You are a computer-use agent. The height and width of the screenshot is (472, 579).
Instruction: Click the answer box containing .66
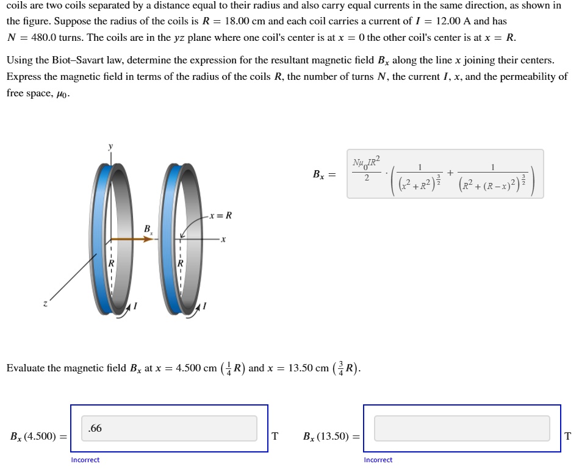pyautogui.click(x=169, y=428)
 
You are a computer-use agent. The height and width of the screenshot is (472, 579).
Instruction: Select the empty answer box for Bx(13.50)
pyautogui.click(x=461, y=428)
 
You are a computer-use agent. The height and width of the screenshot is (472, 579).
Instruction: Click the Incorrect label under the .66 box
pyautogui.click(x=85, y=460)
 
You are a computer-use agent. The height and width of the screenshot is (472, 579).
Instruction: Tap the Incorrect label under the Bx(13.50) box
pyautogui.click(x=378, y=460)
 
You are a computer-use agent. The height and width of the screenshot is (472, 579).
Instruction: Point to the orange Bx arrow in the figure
pyautogui.click(x=131, y=239)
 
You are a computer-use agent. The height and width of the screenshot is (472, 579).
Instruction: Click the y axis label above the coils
pyautogui.click(x=110, y=146)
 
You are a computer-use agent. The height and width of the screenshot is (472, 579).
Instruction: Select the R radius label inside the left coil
pyautogui.click(x=111, y=263)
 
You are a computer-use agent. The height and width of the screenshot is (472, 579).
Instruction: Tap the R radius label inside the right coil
pyautogui.click(x=180, y=263)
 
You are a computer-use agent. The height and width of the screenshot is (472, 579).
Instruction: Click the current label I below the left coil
pyautogui.click(x=135, y=306)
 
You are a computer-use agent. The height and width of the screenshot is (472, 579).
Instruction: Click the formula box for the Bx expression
pyautogui.click(x=445, y=174)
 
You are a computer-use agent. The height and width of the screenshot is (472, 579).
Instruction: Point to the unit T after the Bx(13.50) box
pyautogui.click(x=568, y=436)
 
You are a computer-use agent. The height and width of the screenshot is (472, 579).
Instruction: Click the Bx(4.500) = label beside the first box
pyautogui.click(x=38, y=436)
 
